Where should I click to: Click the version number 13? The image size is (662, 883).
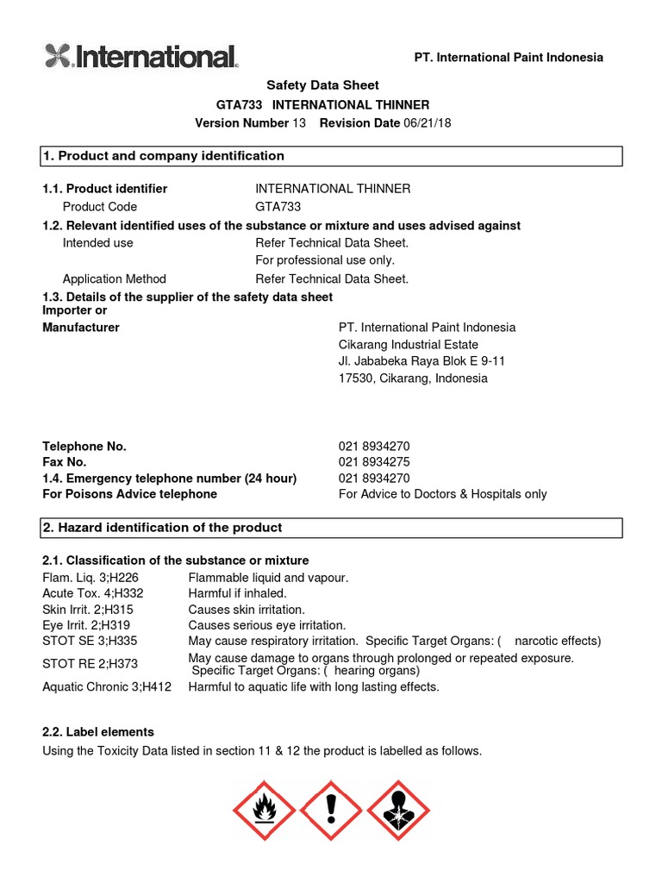click(299, 123)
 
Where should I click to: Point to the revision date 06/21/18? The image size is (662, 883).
click(427, 123)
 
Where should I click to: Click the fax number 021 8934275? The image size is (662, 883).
click(374, 462)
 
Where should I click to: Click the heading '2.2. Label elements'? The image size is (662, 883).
click(98, 731)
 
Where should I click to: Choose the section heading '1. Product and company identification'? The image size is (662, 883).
click(164, 156)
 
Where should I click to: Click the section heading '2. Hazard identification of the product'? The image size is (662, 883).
click(163, 528)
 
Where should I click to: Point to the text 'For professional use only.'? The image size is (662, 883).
click(325, 260)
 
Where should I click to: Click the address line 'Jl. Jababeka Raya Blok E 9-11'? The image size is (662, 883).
click(422, 360)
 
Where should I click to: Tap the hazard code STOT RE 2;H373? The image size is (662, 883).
click(90, 664)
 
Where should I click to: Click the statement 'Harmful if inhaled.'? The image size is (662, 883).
click(237, 593)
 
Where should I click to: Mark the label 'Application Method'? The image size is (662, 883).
click(115, 279)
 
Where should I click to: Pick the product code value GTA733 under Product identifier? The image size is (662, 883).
click(278, 207)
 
